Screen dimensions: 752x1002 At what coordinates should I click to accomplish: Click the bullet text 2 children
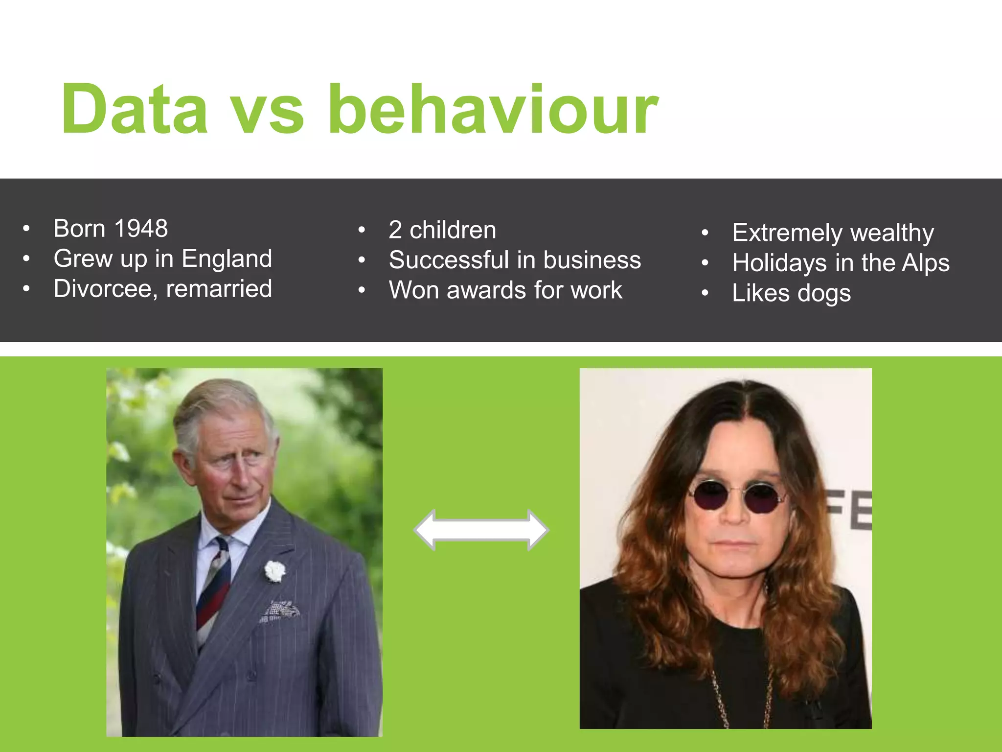coord(442,230)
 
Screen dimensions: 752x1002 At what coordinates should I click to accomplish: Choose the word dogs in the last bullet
coord(824,294)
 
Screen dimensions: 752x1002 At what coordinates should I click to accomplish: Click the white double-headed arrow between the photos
coord(481,530)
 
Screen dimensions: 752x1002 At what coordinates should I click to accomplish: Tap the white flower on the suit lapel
coord(274,571)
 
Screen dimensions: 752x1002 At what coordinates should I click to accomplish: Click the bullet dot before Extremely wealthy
coord(705,234)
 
